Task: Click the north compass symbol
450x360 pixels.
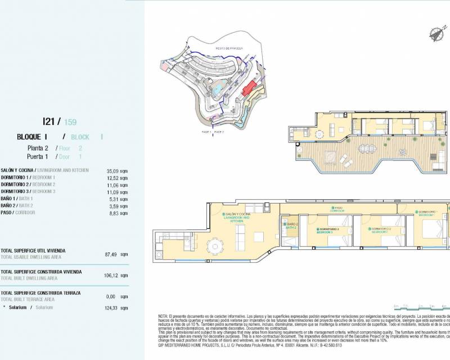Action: click(x=434, y=33)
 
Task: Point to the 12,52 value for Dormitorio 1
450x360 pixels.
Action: click(x=113, y=177)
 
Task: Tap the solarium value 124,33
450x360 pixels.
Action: click(x=112, y=307)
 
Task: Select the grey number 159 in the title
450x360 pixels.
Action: click(x=70, y=121)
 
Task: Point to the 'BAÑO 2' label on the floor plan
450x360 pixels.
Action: click(x=291, y=226)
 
